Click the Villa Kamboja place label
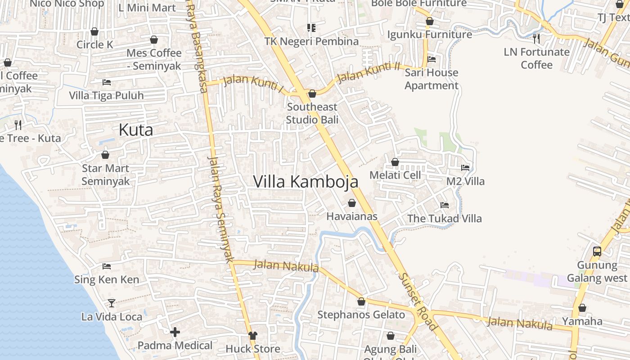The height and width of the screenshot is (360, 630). point(306,182)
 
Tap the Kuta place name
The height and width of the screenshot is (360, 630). point(135,130)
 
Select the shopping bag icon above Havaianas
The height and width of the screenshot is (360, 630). point(352,203)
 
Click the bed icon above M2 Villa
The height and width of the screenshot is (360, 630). point(465,168)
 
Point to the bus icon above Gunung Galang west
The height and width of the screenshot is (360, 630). point(597,252)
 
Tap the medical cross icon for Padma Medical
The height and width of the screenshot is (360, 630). point(175,332)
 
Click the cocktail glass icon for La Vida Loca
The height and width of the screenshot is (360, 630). point(112,303)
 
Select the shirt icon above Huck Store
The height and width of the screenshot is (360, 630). point(253,335)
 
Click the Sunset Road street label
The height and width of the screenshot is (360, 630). point(417,301)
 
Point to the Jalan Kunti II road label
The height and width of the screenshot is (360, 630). point(369,72)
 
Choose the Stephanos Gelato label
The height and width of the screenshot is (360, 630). point(361,315)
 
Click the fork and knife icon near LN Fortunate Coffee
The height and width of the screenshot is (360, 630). point(536,38)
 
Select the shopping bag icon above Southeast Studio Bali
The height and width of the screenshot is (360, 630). point(312,94)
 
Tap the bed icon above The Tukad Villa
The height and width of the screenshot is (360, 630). point(445,205)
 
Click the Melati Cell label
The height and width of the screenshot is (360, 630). point(395,175)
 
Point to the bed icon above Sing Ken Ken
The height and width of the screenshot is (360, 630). point(107,266)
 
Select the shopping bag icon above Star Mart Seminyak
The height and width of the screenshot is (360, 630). point(105,155)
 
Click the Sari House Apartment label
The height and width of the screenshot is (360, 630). point(431,79)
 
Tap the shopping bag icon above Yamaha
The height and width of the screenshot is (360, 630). point(582,308)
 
